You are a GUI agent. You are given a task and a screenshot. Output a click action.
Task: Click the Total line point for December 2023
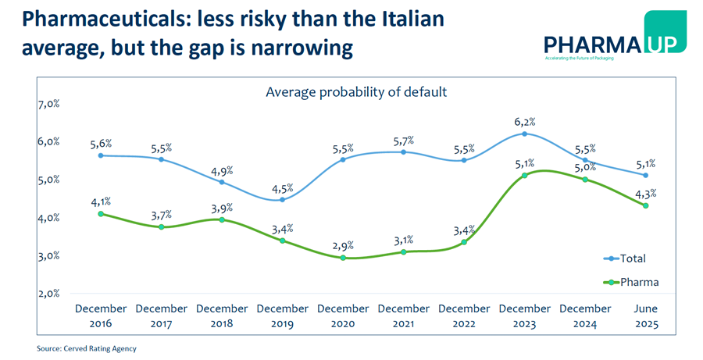pyautogui.click(x=525, y=134)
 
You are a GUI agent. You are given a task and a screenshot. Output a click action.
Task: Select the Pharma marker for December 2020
pyautogui.click(x=343, y=257)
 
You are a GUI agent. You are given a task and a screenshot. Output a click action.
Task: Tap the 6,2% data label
pyautogui.click(x=525, y=121)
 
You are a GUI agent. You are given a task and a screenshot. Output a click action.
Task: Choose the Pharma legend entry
pyautogui.click(x=630, y=282)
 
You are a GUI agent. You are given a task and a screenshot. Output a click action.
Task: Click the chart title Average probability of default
pyautogui.click(x=356, y=92)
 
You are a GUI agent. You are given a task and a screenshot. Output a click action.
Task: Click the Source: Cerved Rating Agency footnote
pyautogui.click(x=91, y=348)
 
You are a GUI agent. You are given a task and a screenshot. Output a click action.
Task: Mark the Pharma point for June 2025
pyautogui.click(x=646, y=205)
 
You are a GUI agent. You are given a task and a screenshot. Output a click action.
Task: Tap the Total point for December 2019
pyautogui.click(x=283, y=200)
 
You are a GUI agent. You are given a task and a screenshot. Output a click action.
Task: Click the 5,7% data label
pyautogui.click(x=404, y=141)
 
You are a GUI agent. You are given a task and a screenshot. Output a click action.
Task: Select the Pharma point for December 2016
pyautogui.click(x=101, y=213)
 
